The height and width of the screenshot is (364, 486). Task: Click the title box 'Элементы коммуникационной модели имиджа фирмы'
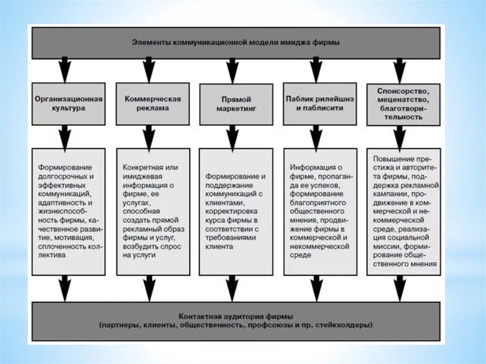click(236, 43)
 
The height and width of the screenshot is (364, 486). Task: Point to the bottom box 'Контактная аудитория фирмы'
click(236, 321)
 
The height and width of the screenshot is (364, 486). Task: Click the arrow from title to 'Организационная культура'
click(65, 69)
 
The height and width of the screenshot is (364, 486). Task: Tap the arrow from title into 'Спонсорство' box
click(400, 69)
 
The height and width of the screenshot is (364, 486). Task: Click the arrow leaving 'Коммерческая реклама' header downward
click(149, 137)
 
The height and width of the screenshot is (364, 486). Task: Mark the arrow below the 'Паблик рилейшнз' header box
click(316, 137)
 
